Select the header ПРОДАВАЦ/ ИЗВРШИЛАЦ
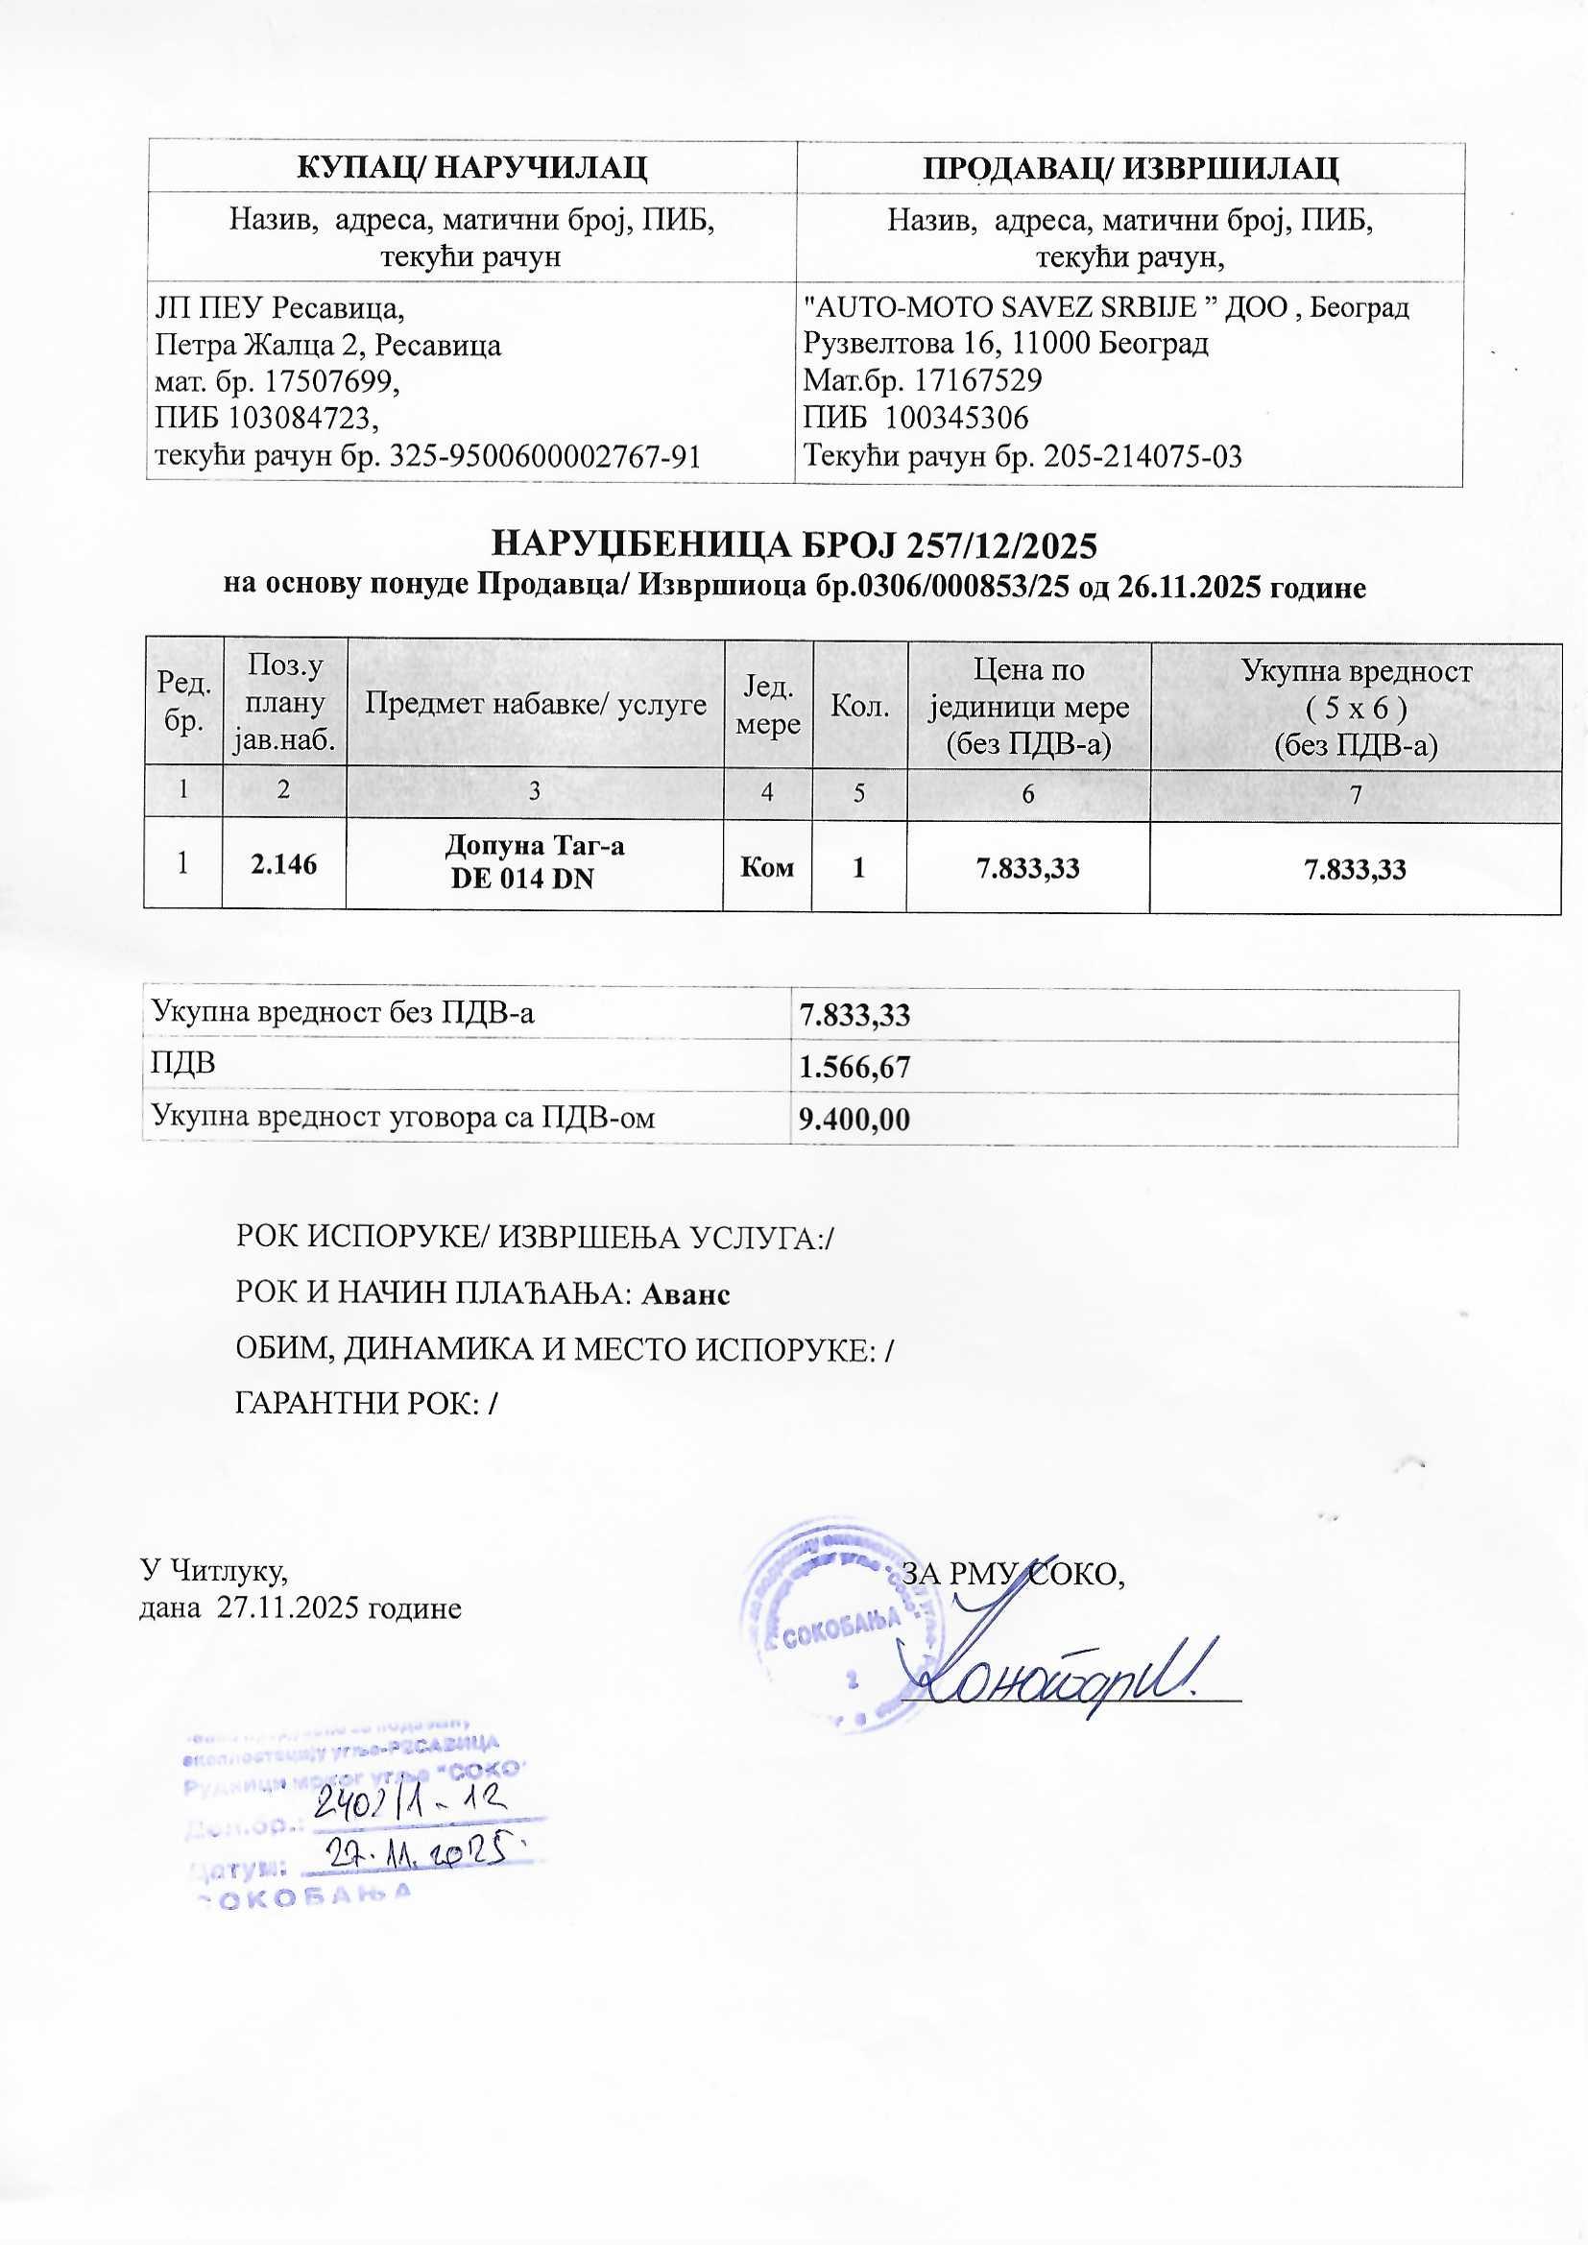pos(1130,168)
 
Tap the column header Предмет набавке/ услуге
pos(535,704)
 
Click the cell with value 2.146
pos(283,864)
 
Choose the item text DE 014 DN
pos(522,878)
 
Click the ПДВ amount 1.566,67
pos(854,1067)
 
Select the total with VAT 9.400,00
pos(854,1120)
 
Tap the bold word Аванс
pos(686,1293)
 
